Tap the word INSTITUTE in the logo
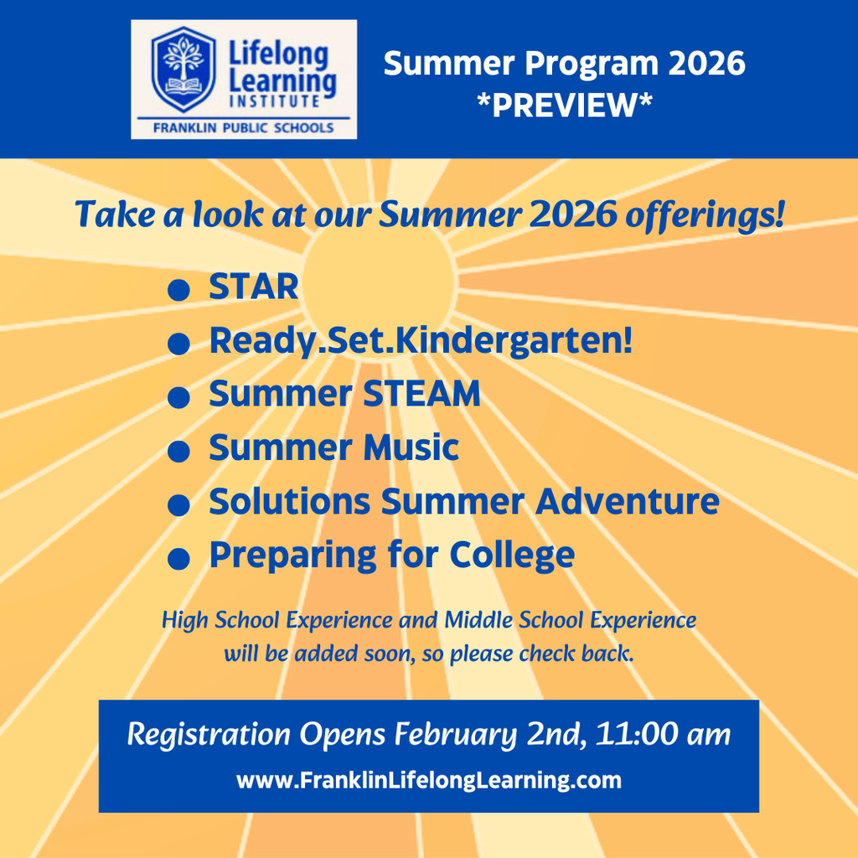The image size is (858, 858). click(x=273, y=101)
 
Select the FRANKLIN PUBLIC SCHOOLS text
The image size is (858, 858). click(x=244, y=127)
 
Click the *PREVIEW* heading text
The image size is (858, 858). click(x=564, y=105)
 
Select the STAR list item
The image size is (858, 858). click(x=253, y=287)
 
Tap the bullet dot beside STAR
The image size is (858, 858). click(x=177, y=290)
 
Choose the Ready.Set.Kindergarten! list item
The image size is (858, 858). click(x=421, y=340)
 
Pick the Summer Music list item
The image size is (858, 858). click(x=333, y=447)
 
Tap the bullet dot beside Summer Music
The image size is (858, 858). click(x=177, y=452)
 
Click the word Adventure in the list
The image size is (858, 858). click(x=627, y=501)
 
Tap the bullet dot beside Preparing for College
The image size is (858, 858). click(x=177, y=560)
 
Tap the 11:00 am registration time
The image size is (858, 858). click(x=663, y=735)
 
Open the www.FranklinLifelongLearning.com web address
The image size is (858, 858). click(x=429, y=781)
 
